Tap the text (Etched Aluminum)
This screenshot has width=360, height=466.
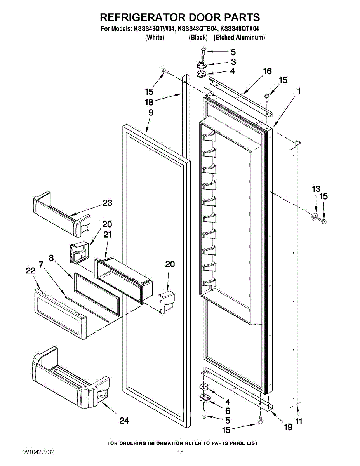point(239,38)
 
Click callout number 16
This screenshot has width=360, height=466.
point(267,71)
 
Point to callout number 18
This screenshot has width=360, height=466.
point(149,102)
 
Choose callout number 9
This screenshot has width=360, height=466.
point(151,113)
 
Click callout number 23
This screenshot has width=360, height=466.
point(108,203)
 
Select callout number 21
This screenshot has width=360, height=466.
point(107,235)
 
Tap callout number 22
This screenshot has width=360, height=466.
point(30,271)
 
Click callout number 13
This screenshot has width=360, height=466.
point(316,189)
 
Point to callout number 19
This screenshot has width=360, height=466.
point(288,427)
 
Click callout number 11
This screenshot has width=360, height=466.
point(299,421)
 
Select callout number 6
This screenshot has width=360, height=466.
point(228,411)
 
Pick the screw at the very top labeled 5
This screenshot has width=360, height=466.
point(203,50)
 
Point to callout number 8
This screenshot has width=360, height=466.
point(51,258)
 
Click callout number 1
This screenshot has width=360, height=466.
point(299,91)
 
